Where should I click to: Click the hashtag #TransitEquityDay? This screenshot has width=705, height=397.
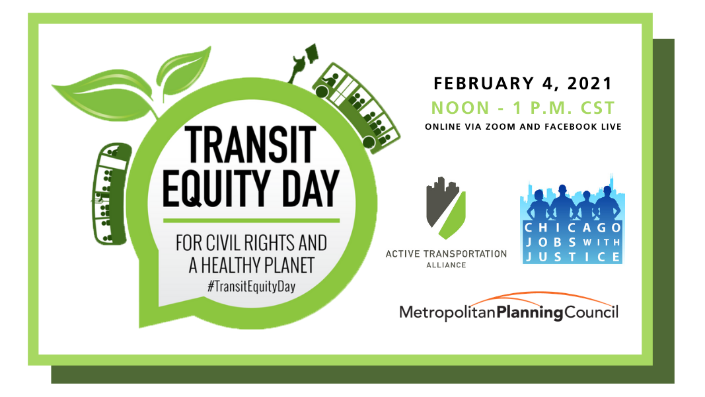click(251, 287)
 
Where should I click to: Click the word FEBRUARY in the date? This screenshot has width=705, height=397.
click(484, 83)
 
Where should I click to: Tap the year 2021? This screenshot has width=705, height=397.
click(589, 83)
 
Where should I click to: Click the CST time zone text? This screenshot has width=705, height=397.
click(597, 108)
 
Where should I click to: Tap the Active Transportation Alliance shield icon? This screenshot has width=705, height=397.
click(446, 208)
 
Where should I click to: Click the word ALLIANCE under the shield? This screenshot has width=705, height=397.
click(446, 265)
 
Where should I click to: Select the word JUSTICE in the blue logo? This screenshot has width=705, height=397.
click(573, 257)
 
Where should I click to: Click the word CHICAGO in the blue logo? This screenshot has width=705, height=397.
click(573, 228)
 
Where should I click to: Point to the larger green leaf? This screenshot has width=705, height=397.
click(104, 95)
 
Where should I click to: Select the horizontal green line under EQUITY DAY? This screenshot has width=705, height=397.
click(251, 220)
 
